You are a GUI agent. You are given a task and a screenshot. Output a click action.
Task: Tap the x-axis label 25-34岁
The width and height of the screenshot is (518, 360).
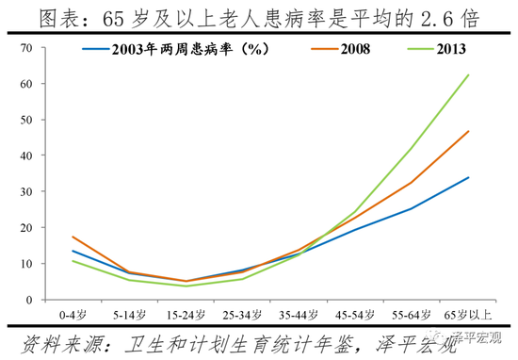pos(242,312)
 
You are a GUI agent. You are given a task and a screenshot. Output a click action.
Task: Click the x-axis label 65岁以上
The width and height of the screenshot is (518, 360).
pos(468,312)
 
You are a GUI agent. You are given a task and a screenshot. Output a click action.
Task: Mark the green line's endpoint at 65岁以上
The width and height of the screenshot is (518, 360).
pos(469,74)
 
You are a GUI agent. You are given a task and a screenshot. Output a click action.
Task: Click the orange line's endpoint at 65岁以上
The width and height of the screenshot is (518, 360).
pos(469,131)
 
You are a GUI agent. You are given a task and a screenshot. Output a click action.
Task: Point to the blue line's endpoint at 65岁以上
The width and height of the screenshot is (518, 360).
pos(469,177)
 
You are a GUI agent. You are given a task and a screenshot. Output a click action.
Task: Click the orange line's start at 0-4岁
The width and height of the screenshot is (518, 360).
pos(73,237)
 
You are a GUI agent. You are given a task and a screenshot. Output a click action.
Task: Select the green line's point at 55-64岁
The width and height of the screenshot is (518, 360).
pos(412,148)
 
